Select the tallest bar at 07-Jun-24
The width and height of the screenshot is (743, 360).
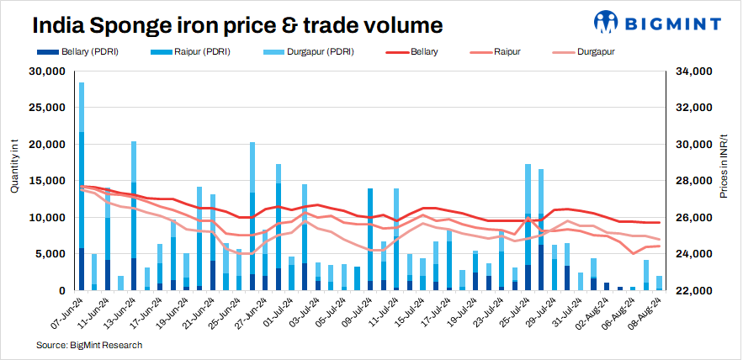click(82, 185)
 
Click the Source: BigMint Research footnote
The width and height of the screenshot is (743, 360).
click(89, 345)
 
